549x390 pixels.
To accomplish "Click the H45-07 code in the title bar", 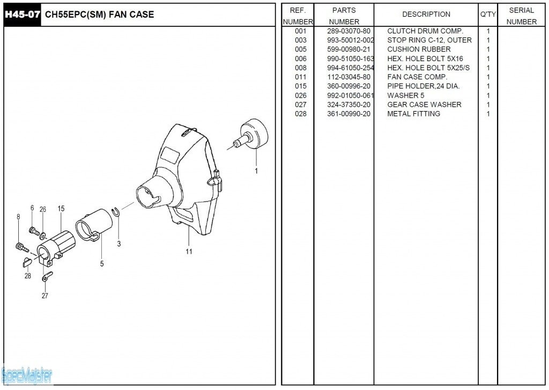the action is pos(22,14).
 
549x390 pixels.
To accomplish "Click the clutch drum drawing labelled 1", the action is pos(251,134).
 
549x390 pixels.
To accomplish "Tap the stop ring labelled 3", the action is pos(116,212).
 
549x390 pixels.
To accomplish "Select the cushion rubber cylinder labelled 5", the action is pos(94,225).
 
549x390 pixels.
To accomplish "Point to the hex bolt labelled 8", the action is pos(23,247).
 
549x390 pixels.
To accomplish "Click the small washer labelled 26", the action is pos(43,235).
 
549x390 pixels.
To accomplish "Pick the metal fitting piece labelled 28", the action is pos(27,260).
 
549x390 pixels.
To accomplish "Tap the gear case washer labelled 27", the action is pos(47,276).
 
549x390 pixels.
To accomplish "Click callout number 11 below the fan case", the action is pos(189,251).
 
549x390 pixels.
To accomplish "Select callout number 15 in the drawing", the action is pos(61,209).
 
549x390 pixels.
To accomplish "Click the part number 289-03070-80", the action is pos(348,31).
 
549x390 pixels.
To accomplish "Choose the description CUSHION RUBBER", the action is pos(419,49).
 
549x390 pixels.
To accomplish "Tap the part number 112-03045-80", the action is pos(348,77).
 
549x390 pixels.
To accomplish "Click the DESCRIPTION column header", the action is pos(426,14).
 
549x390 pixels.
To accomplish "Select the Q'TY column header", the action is pos(488,14).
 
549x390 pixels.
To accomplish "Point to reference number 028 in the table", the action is pos(300,114).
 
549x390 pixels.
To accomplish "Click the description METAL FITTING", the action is pos(413,114).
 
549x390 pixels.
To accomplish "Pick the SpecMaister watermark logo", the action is pos(27,376).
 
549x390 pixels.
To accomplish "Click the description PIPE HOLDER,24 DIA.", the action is pos(424,86).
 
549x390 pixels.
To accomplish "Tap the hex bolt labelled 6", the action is pos(33,231).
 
